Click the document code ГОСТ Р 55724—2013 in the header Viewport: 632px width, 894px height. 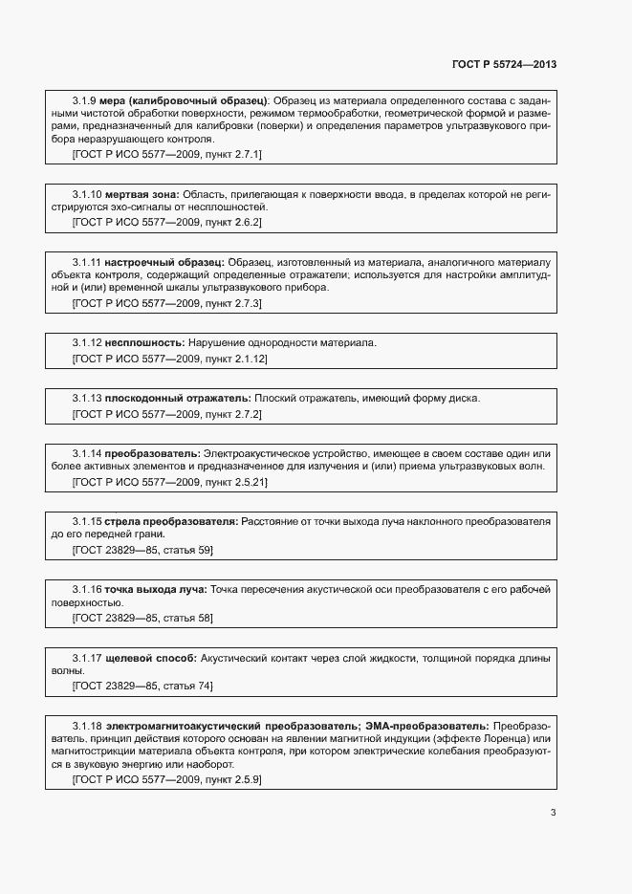coord(504,65)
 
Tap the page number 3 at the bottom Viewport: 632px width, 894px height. coord(554,813)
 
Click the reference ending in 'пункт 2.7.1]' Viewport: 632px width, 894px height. coord(167,153)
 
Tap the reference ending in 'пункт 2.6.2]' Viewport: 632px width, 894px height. coord(167,222)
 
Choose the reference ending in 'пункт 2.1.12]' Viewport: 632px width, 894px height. coord(170,359)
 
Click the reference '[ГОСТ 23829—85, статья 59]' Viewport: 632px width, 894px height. coord(142,550)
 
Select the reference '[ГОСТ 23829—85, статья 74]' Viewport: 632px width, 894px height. coord(142,686)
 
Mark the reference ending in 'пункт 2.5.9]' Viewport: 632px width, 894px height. coord(167,780)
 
